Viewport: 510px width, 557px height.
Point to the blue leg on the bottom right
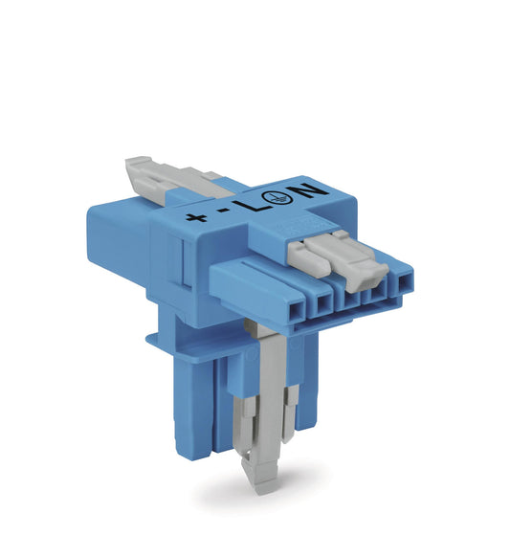[306, 402]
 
